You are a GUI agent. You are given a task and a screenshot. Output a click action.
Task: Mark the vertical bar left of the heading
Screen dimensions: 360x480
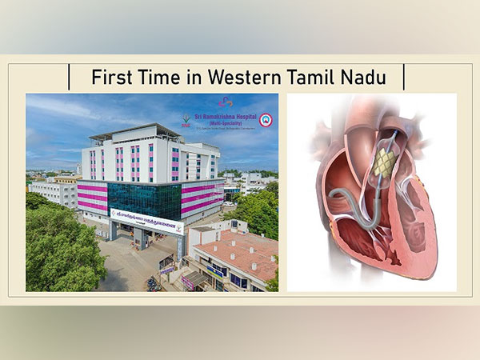pyautogui.click(x=71, y=78)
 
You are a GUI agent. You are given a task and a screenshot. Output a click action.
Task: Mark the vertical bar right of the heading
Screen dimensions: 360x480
pyautogui.click(x=405, y=78)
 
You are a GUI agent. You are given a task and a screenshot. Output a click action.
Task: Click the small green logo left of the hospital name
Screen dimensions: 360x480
pyautogui.click(x=186, y=120)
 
